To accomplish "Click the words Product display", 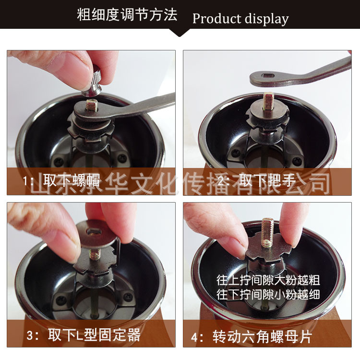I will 240,19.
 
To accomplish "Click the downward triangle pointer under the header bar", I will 180,33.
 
